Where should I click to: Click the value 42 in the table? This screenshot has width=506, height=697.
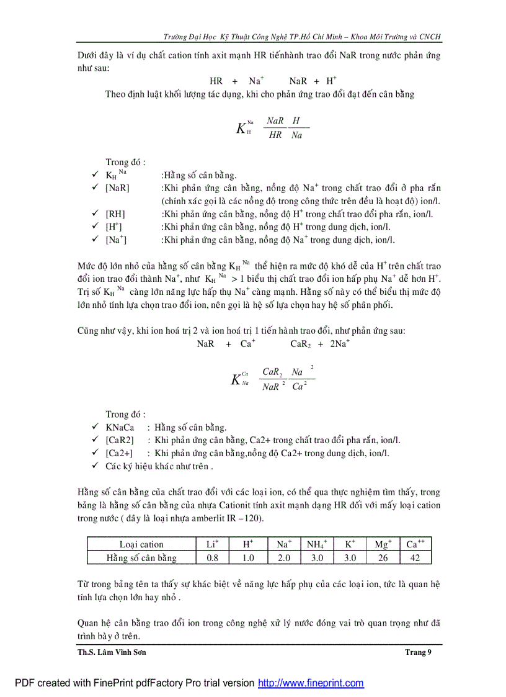pyautogui.click(x=415, y=557)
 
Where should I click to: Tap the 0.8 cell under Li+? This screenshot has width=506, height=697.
pyautogui.click(x=212, y=557)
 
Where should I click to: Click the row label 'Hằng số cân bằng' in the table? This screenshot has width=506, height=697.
pyautogui.click(x=141, y=557)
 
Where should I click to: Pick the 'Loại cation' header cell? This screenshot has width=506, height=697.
pyautogui.click(x=141, y=544)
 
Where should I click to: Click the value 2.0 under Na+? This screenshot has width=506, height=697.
pyautogui.click(x=283, y=557)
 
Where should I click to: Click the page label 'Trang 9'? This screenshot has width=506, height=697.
pyautogui.click(x=417, y=652)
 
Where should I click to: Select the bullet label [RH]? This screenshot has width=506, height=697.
pyautogui.click(x=115, y=214)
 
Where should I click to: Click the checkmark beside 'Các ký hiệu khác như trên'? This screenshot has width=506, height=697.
pyautogui.click(x=95, y=465)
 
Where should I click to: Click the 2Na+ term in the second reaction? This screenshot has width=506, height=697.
pyautogui.click(x=340, y=343)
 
